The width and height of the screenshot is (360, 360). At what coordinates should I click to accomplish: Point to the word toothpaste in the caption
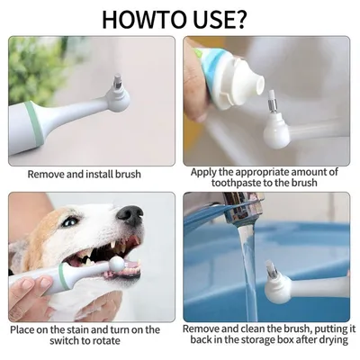(224, 184)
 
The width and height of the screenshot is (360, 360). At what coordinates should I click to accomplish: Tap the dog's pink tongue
(131, 269)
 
